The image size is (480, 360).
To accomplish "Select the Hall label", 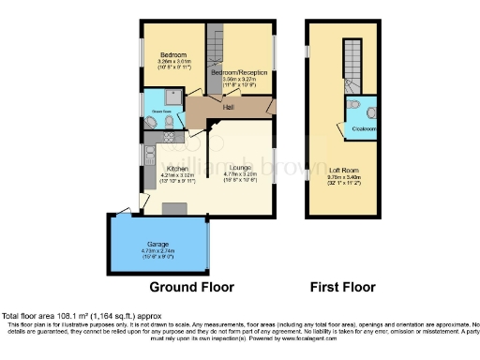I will click(228, 107).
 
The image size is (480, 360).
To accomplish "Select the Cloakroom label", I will click(365, 128).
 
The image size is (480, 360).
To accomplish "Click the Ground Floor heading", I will click(192, 287).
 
